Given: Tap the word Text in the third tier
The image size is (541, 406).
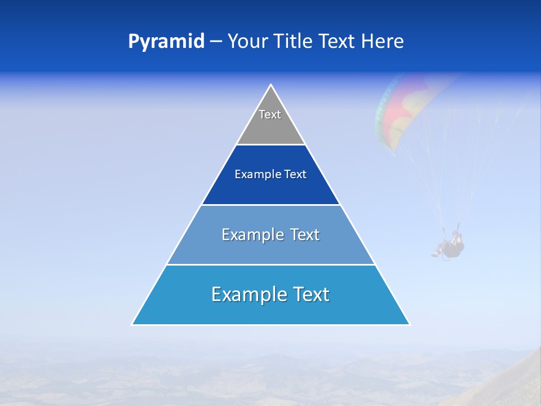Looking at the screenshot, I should click(x=305, y=235).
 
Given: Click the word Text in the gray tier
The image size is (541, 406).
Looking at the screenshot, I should click(x=270, y=114).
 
